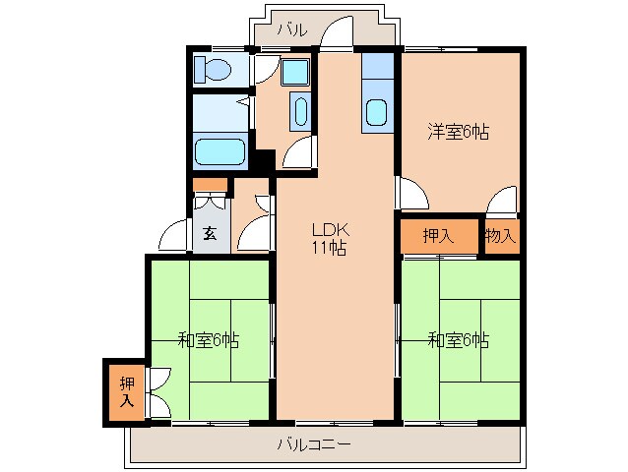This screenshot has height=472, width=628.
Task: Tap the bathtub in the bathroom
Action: [x=220, y=152]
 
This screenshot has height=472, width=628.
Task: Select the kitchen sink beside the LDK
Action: [x=376, y=111]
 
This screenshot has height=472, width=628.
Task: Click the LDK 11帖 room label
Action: [x=329, y=239]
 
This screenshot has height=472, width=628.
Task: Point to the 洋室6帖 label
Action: [x=459, y=131]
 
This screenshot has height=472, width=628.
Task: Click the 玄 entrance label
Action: [x=211, y=234]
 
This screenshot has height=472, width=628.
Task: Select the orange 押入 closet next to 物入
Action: [x=439, y=235]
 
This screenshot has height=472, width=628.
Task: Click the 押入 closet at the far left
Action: [x=126, y=391]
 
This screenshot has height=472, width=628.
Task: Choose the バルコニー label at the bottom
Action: [x=313, y=444]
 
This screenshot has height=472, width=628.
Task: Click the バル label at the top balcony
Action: [x=291, y=29]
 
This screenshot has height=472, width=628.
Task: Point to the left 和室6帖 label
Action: [x=208, y=340]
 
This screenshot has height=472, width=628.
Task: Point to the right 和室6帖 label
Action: [x=459, y=340]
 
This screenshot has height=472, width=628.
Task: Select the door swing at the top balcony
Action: [x=336, y=32]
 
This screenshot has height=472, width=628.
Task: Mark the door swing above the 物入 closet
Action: [x=503, y=200]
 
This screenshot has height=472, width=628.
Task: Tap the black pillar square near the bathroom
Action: [x=263, y=160]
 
